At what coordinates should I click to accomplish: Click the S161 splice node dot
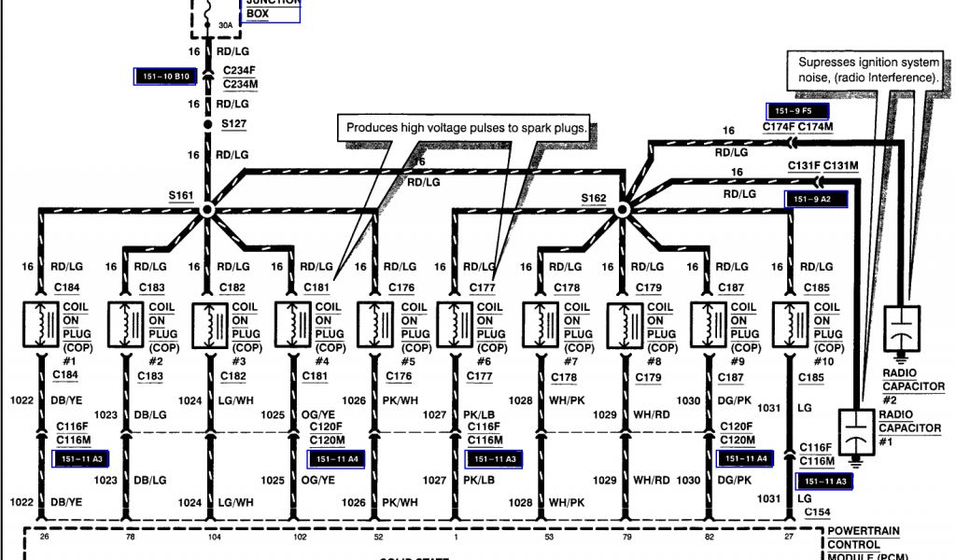206,212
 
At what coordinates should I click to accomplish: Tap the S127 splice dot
207,124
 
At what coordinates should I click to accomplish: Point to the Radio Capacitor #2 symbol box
902,331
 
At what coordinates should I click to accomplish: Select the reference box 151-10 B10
163,76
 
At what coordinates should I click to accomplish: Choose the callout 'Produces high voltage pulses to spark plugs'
468,128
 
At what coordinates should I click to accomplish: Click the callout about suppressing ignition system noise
867,70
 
